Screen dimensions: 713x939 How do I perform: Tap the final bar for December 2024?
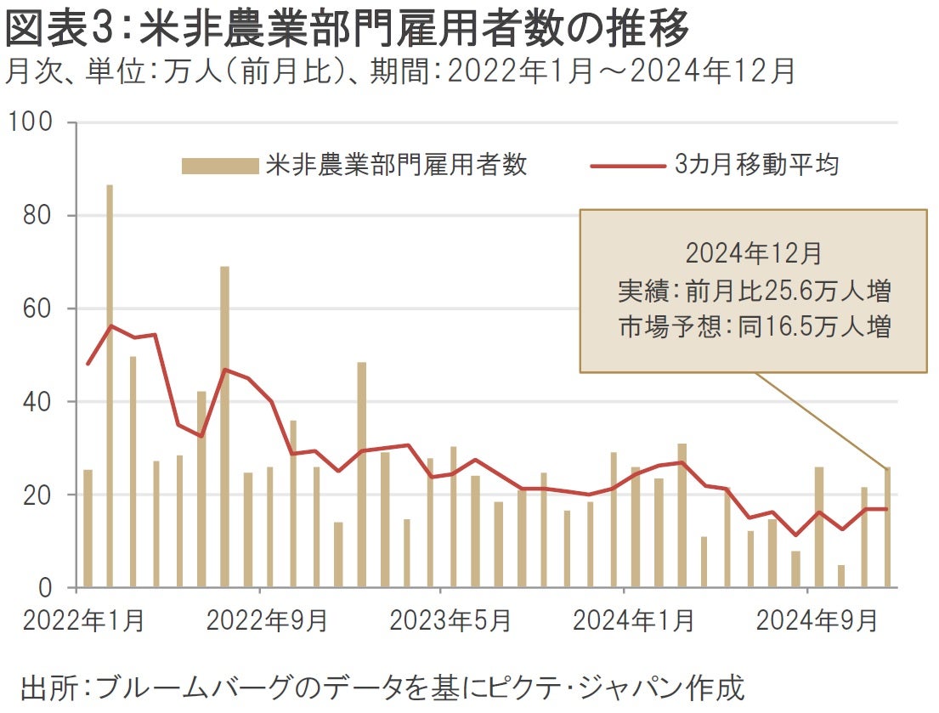pyautogui.click(x=887, y=528)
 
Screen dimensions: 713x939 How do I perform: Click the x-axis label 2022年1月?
pyautogui.click(x=84, y=621)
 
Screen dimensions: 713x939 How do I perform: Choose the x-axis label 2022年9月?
pyautogui.click(x=267, y=621)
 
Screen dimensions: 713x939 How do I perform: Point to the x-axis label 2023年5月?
pyautogui.click(x=450, y=621)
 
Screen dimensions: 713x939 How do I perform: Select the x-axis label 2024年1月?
pyautogui.click(x=633, y=621)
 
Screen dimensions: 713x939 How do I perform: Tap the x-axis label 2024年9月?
pyautogui.click(x=817, y=621)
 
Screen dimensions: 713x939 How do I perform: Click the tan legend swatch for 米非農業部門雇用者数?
pyautogui.click(x=219, y=166)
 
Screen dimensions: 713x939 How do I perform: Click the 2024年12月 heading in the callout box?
pyautogui.click(x=753, y=254)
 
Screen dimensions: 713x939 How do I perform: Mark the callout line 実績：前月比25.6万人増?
pyautogui.click(x=753, y=291)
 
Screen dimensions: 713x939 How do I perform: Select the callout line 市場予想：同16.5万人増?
pyautogui.click(x=753, y=328)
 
